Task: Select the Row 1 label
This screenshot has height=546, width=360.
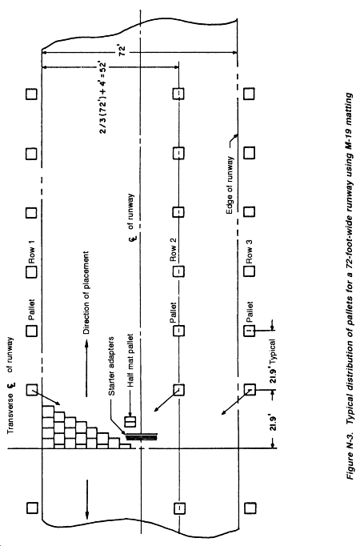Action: (32, 255)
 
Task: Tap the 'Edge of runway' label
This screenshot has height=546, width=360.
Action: (230, 186)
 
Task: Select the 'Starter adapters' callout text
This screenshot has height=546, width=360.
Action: (112, 367)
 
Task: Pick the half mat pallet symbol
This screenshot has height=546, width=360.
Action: (130, 421)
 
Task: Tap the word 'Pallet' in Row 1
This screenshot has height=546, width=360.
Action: (32, 310)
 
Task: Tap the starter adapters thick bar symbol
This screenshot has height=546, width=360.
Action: (141, 436)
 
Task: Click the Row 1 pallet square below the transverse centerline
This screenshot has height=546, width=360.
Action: (32, 508)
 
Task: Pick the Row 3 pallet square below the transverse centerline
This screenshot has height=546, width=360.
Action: (250, 508)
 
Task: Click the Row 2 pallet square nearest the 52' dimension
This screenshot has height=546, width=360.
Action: (178, 94)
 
